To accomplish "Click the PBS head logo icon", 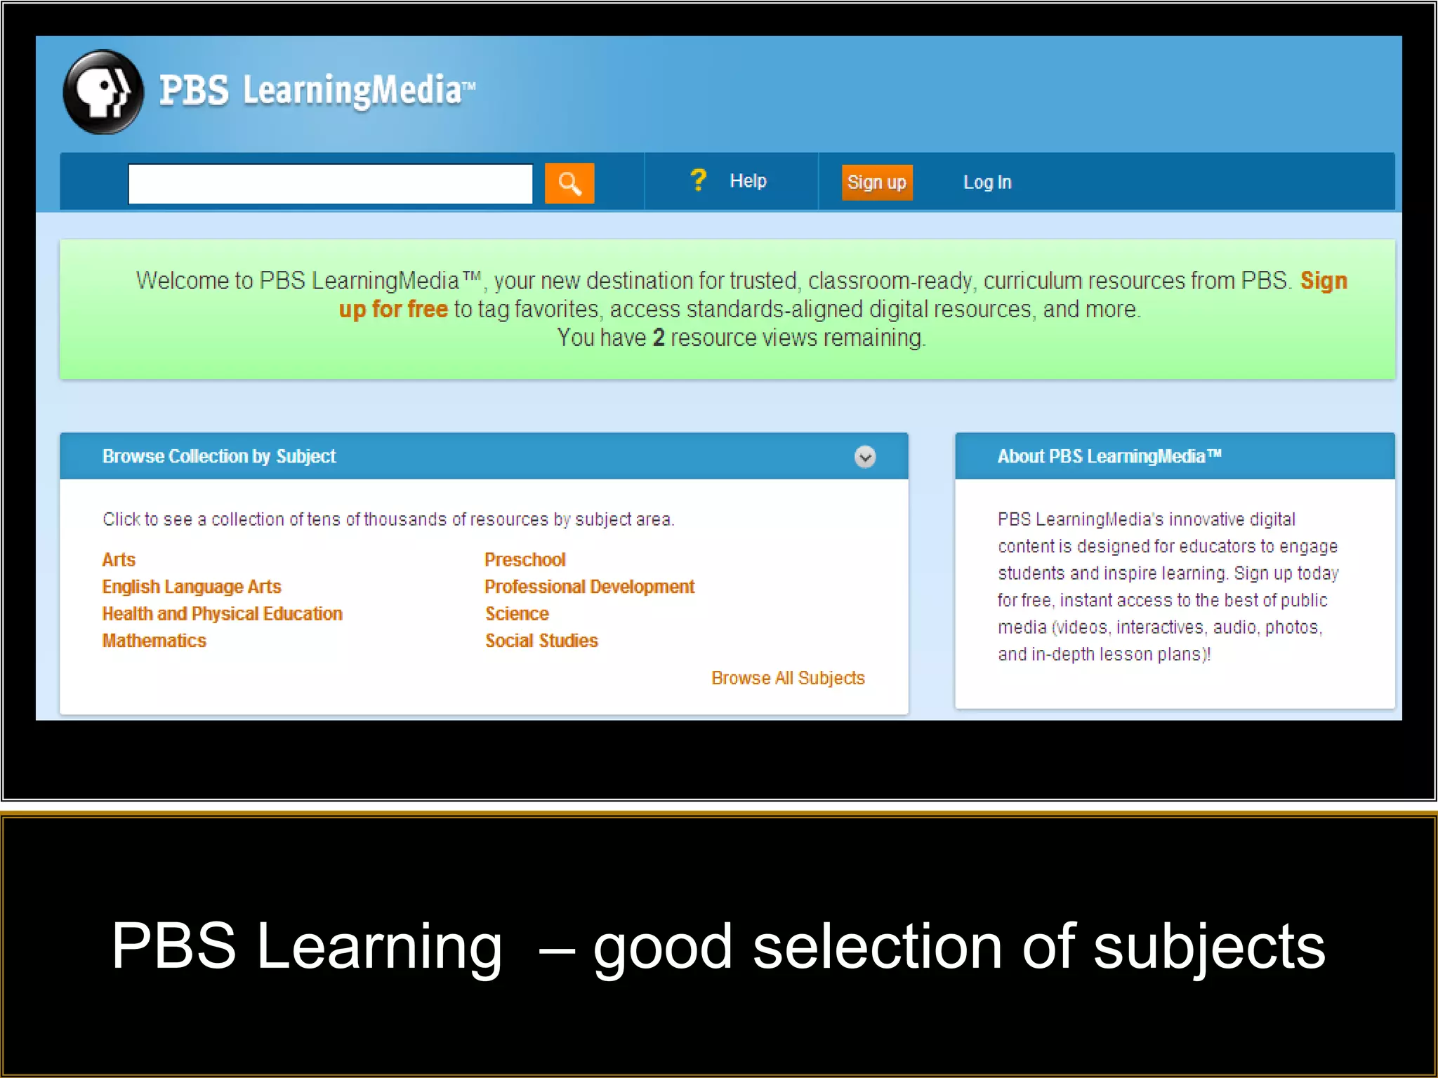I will coord(103,92).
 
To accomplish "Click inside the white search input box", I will coord(330,184).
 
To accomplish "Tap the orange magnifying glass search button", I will coord(569,184).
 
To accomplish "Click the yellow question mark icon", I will coord(698,180).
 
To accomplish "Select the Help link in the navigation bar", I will coord(748,181).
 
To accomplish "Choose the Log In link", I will coord(987,182).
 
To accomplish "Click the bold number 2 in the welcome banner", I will coord(658,338).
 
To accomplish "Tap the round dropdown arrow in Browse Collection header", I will coord(865,457).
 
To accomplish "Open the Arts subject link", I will coord(119,560).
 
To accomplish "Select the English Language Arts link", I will coord(192,587).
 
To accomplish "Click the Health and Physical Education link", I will coord(223,614).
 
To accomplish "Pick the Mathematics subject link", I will coord(154,641).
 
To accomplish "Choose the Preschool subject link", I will coord(525,560).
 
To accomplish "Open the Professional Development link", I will coord(589,587).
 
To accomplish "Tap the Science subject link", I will coord(517,614).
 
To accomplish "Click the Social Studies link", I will coord(541,641).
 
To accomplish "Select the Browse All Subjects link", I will coord(788,678).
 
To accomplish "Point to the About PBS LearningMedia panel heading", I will coord(1109,457).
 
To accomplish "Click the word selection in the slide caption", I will coord(877,947).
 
